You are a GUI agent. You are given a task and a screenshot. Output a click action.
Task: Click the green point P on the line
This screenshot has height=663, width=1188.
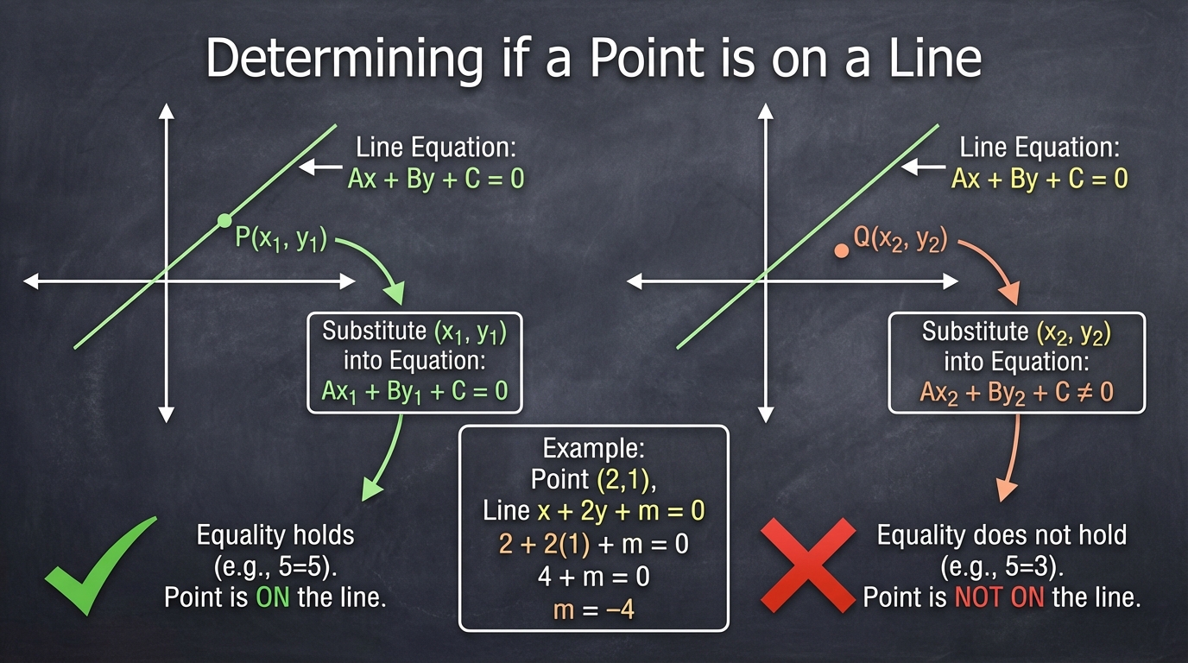pos(224,220)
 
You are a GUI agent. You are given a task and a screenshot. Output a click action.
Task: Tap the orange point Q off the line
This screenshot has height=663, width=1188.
pos(841,250)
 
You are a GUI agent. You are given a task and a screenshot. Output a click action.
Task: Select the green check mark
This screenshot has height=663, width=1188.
pos(101,565)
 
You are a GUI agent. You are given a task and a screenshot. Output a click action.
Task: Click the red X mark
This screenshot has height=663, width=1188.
pos(808,565)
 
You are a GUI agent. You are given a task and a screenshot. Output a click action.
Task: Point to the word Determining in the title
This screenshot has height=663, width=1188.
pos(344,59)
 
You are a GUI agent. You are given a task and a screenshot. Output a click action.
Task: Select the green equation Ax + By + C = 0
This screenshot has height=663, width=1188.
pos(436,179)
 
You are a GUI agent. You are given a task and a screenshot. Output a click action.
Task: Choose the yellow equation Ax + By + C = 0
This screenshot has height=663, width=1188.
pos(1039,179)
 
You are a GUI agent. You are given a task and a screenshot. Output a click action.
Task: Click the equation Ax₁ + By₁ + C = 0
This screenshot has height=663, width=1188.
pos(414,391)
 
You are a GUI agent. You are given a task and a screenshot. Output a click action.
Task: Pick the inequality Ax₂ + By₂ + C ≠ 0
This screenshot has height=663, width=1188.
pos(1017,393)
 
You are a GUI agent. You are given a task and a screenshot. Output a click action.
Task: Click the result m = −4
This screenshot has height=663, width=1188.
pos(593,610)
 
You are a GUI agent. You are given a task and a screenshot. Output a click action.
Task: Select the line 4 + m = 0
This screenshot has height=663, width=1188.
pos(593,577)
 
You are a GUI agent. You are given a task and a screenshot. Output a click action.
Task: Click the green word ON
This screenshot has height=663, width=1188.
pos(273,597)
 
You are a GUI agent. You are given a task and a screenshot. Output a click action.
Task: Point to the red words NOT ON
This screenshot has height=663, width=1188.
pos(999,597)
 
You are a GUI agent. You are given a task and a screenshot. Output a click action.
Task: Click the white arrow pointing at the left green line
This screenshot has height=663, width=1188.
pos(320,167)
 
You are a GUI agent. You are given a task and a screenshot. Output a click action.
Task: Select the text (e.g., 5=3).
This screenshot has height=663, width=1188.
pos(1002,567)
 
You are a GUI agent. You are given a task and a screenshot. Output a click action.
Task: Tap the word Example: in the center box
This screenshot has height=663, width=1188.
pos(593,449)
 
